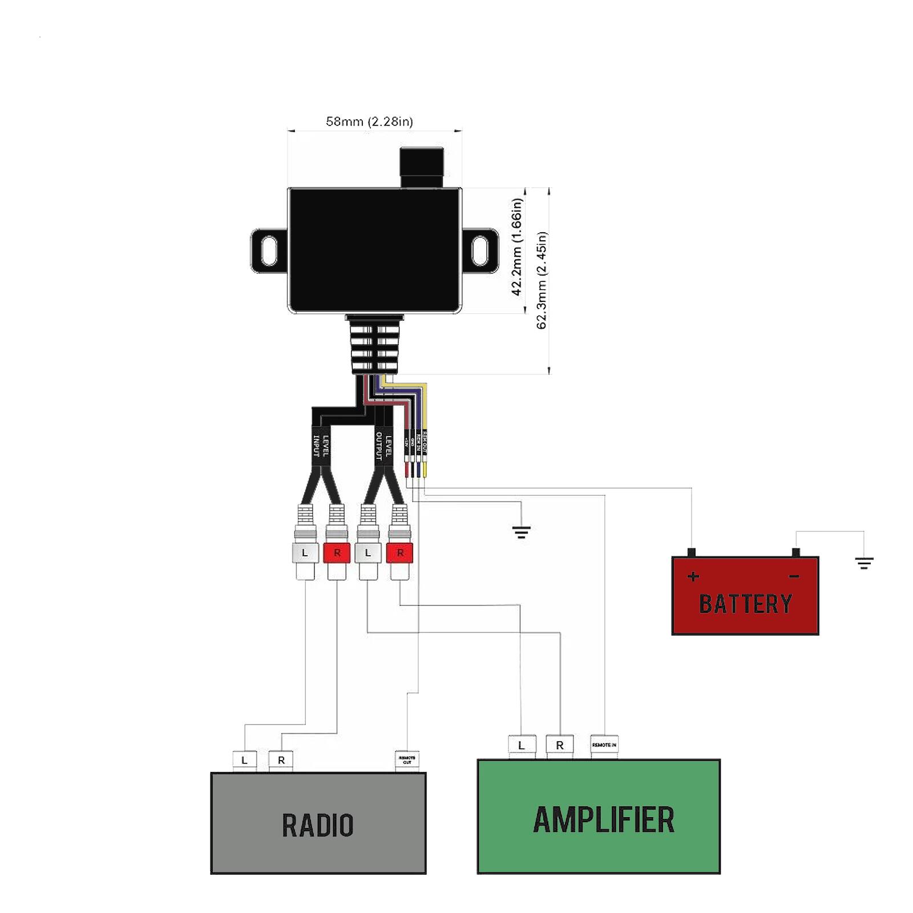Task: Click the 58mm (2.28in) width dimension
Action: click(369, 122)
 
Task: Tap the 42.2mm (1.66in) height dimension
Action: click(516, 247)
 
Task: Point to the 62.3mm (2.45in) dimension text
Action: click(542, 280)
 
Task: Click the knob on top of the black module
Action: click(422, 167)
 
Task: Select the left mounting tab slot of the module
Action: click(269, 251)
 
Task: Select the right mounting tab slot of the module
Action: click(480, 251)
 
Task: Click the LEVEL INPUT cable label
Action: click(321, 446)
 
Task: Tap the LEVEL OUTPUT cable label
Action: click(383, 446)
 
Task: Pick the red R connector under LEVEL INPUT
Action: click(337, 552)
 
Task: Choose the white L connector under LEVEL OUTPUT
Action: click(367, 552)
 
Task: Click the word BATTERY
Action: click(745, 604)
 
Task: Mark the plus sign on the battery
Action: click(693, 576)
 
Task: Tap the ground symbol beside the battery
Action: click(864, 564)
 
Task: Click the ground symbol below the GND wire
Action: click(521, 532)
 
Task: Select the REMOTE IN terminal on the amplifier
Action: click(604, 745)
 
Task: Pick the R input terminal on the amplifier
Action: click(559, 745)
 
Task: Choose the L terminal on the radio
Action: click(244, 760)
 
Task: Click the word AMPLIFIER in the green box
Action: click(603, 820)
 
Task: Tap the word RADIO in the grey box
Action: click(318, 825)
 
